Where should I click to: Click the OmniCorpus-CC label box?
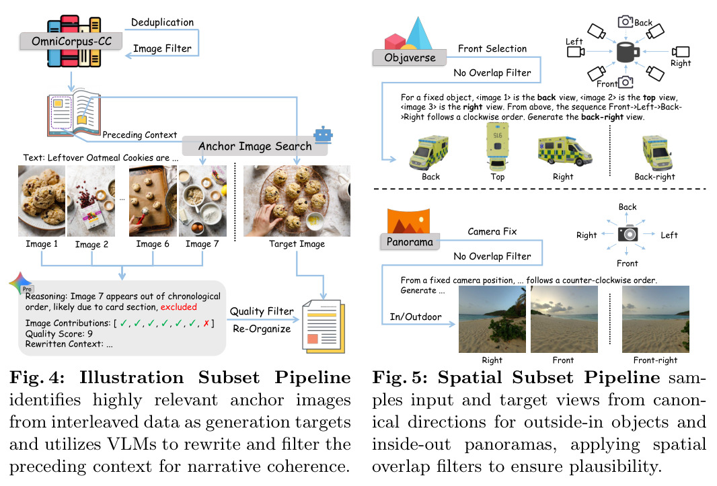click(x=71, y=41)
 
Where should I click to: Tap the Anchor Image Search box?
click(x=255, y=146)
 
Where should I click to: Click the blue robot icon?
click(x=323, y=134)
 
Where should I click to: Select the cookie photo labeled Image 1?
click(x=42, y=201)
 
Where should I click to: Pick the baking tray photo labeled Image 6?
click(x=153, y=201)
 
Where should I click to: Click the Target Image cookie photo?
click(x=297, y=201)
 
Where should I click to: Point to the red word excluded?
click(x=178, y=307)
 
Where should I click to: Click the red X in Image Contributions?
click(x=206, y=323)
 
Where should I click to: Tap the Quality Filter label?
click(x=262, y=311)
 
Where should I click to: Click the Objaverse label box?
click(x=410, y=58)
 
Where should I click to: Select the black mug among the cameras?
click(x=627, y=52)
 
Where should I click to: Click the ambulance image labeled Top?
click(x=498, y=147)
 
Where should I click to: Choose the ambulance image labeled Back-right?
click(x=657, y=153)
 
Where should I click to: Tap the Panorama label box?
click(x=410, y=241)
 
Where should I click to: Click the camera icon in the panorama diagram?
click(x=628, y=234)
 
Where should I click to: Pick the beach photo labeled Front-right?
click(x=656, y=319)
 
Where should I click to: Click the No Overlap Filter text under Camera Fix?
click(x=492, y=256)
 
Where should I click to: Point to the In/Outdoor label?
click(x=416, y=317)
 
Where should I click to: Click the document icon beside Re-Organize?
click(x=324, y=327)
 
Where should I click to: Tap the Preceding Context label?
click(x=139, y=135)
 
